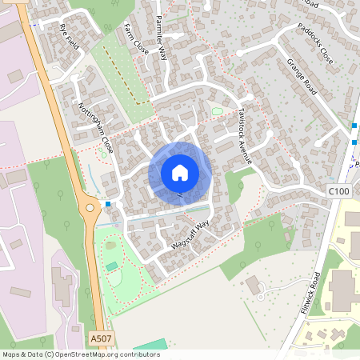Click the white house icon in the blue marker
[180, 173]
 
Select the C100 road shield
[339, 191]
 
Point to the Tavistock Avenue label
[244, 137]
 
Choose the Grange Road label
[302, 77]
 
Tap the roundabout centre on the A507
[90, 210]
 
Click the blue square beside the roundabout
[108, 204]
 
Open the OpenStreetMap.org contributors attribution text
[107, 354]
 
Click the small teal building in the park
[111, 266]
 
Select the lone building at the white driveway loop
[254, 286]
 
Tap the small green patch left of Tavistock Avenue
[217, 111]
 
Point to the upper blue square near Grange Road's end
[354, 126]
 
